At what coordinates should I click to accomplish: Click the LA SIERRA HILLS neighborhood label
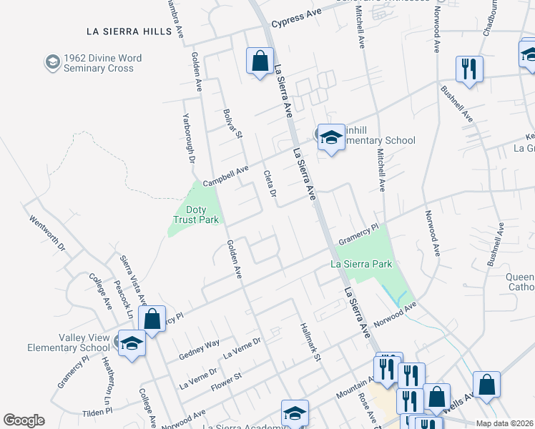coord(129,31)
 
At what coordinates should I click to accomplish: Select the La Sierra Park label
coord(361,264)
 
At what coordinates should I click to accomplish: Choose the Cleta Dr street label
coord(270,183)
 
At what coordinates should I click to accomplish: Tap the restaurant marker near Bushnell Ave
coord(469,69)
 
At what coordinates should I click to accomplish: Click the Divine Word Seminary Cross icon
coord(52,63)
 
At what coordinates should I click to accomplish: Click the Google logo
coord(24,420)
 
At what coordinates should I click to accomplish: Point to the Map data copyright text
coord(504,423)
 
